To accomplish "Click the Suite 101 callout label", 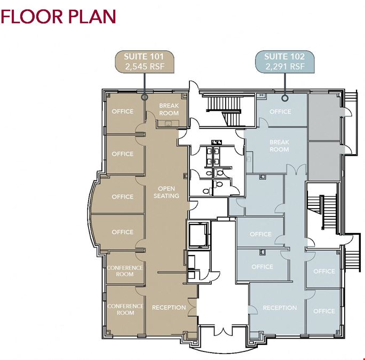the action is (145, 62).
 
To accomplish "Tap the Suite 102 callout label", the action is (285, 62).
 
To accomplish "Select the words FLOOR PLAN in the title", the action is (58, 17).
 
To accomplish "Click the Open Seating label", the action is (166, 192).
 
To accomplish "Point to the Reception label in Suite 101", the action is (169, 308).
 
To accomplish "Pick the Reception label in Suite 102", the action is (280, 308).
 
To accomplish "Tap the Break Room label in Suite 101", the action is (169, 109).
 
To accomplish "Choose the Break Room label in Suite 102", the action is (279, 146).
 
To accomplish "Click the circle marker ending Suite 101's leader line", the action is (145, 97).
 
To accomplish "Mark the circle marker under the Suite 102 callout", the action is (285, 98).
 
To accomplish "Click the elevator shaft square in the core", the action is (199, 235).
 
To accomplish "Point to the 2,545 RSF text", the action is (145, 67).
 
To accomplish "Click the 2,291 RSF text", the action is (285, 67).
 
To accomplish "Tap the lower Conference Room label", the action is (125, 309).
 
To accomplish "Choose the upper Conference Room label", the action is (125, 271).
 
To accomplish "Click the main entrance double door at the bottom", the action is (224, 331).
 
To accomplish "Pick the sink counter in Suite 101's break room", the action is (168, 123).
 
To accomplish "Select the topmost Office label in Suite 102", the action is (280, 111).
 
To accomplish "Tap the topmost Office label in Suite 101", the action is (123, 111).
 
